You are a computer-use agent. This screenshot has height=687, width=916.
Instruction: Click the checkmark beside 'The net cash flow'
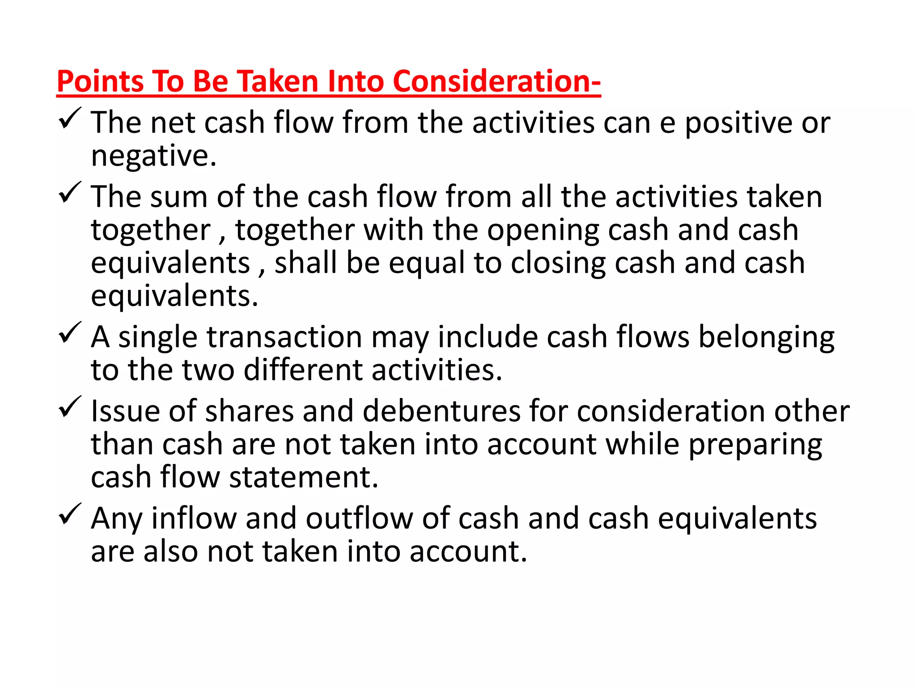pyautogui.click(x=70, y=119)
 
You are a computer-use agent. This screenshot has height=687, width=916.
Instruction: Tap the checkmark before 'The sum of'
pyautogui.click(x=70, y=193)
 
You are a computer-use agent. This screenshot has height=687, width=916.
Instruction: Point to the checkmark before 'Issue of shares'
pyautogui.click(x=70, y=407)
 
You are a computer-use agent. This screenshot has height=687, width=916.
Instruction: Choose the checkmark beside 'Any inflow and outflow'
pyautogui.click(x=70, y=514)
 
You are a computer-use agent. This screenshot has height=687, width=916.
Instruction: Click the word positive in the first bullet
pyautogui.click(x=738, y=123)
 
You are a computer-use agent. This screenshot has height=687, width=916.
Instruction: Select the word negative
pyautogui.click(x=153, y=156)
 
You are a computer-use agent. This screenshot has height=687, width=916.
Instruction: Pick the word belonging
pyautogui.click(x=766, y=338)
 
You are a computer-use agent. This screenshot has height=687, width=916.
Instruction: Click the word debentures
pyautogui.click(x=441, y=411)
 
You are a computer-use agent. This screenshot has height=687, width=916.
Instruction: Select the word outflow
pyautogui.click(x=359, y=519)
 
